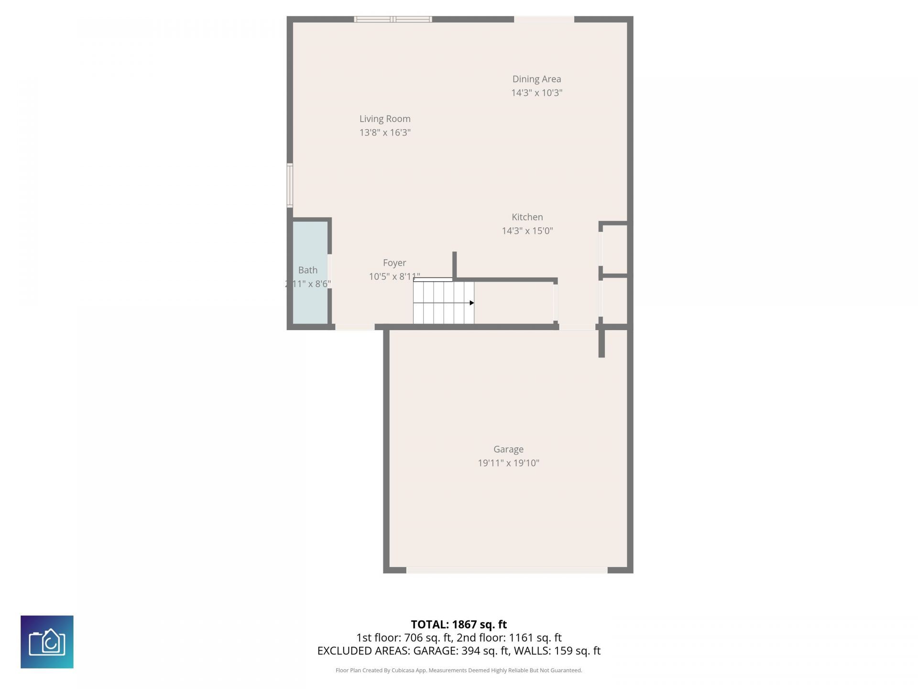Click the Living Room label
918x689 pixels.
click(x=384, y=119)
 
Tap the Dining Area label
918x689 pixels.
click(x=536, y=79)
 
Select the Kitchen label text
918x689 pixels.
click(x=527, y=217)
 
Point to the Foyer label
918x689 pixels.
click(x=394, y=263)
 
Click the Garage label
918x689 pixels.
click(x=508, y=449)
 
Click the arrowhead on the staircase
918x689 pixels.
click(x=471, y=303)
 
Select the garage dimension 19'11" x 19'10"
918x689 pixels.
click(x=508, y=463)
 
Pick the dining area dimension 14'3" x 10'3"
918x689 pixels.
click(x=536, y=93)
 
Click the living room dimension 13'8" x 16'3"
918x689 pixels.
click(x=384, y=133)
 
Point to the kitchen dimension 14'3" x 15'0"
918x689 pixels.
click(x=527, y=231)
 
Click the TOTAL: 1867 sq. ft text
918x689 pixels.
click(x=459, y=624)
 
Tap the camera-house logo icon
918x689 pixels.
click(x=47, y=642)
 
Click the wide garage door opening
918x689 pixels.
click(x=506, y=570)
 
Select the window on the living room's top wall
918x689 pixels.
click(x=393, y=19)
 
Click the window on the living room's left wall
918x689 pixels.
click(x=290, y=185)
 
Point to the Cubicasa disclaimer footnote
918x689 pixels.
click(x=459, y=670)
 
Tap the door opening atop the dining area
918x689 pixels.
click(x=544, y=19)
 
